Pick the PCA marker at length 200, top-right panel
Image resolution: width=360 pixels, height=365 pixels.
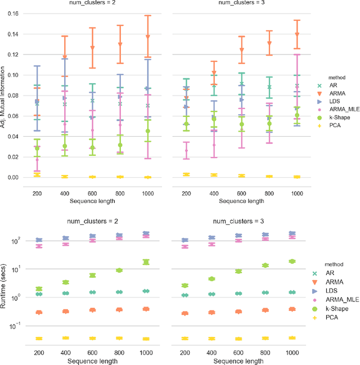[x=187, y=174]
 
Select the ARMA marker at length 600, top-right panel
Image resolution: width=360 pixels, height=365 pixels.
[x=241, y=50]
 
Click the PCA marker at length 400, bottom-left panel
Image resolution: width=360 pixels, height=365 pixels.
[x=65, y=338]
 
